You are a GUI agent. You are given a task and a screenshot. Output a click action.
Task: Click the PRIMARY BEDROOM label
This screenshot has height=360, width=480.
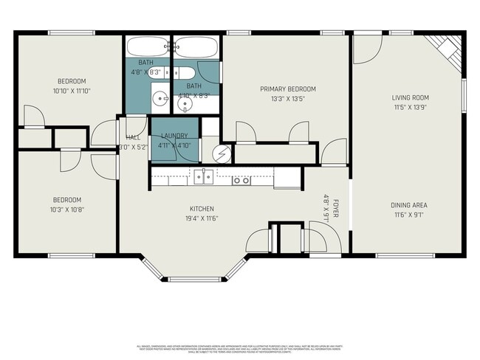tap(287, 89)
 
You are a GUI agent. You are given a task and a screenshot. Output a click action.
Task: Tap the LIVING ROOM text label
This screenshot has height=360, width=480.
tap(410, 97)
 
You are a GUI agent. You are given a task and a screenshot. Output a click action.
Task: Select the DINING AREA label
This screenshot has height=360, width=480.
tap(409, 205)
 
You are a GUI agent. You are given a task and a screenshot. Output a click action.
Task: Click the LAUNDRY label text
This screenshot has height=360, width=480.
tap(174, 136)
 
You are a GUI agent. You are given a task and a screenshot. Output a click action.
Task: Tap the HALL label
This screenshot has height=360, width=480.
tap(133, 137)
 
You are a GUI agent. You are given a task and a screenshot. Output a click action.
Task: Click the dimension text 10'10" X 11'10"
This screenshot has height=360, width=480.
tap(72, 91)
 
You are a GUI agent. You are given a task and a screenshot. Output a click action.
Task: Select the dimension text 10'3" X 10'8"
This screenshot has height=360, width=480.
tap(66, 210)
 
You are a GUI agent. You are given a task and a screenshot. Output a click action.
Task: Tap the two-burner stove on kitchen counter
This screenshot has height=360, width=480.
tap(241, 179)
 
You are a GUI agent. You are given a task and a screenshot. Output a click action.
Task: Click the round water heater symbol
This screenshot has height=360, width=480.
tap(222, 153)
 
